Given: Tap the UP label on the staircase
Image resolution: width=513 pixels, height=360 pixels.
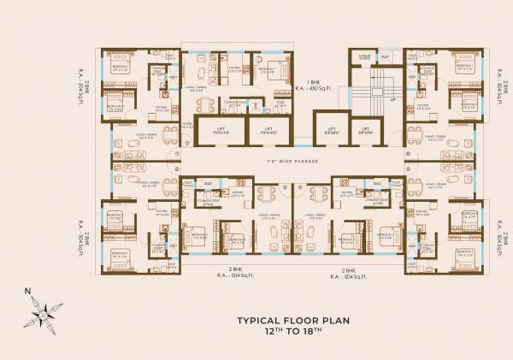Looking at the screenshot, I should (393, 100).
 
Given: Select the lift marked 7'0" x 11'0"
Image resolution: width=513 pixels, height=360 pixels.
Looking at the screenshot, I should (215, 132).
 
